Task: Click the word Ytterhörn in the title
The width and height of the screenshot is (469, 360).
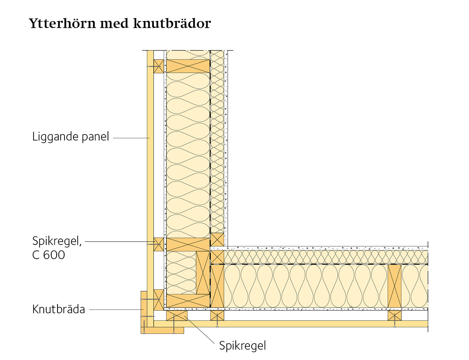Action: pyautogui.click(x=62, y=24)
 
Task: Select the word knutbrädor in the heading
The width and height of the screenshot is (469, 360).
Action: pyautogui.click(x=172, y=23)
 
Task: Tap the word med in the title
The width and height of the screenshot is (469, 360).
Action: pyautogui.click(x=114, y=23)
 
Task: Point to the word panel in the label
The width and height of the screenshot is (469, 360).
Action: pyautogui.click(x=95, y=137)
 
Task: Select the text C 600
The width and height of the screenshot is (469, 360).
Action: pyautogui.click(x=48, y=255)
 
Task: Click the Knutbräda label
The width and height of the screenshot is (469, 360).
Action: pyautogui.click(x=59, y=309)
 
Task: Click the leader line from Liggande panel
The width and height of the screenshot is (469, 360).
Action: pyautogui.click(x=131, y=138)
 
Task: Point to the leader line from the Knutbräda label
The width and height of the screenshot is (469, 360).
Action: pyautogui.click(x=116, y=310)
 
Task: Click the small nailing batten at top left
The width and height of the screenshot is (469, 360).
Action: pyautogui.click(x=159, y=66)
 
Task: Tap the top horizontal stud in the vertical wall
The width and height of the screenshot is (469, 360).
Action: pyautogui.click(x=188, y=66)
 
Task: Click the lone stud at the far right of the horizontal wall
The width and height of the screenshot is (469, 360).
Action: pyautogui.click(x=394, y=286)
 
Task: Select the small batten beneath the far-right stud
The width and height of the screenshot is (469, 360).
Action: pyautogui.click(x=394, y=315)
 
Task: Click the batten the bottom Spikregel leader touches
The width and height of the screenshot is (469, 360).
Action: pyautogui.click(x=177, y=315)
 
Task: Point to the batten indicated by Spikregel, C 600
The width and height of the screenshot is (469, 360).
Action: pyautogui.click(x=159, y=244)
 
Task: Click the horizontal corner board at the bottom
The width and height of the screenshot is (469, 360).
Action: pyautogui.click(x=162, y=330)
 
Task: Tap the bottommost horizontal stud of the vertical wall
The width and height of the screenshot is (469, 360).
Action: pyautogui.click(x=188, y=301)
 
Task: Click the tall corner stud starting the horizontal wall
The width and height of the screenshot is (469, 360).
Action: pyautogui.click(x=217, y=286)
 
